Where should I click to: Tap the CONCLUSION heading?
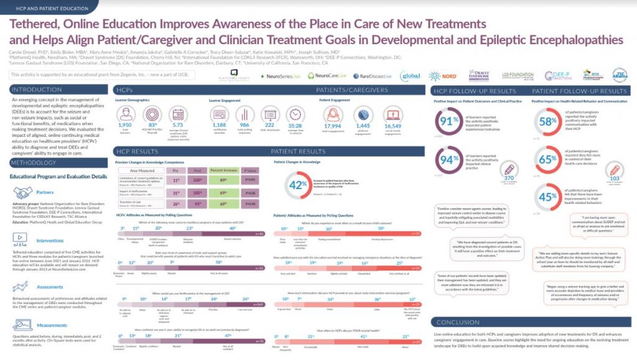(459, 322)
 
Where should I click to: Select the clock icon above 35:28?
(294, 114)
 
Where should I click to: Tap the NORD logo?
(449, 76)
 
